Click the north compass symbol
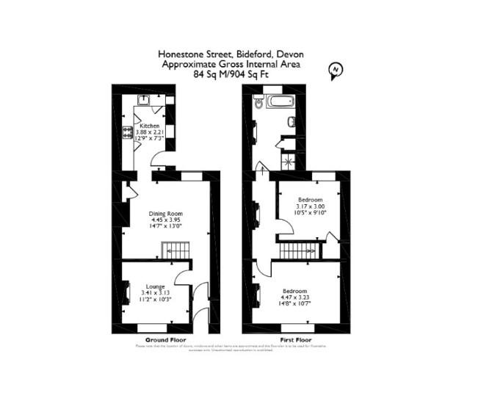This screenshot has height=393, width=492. point(336,70)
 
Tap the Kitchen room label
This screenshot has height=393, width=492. point(150,126)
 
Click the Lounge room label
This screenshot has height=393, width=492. point(154,286)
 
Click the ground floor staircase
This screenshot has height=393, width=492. point(176,253)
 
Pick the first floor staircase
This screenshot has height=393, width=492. point(297,252)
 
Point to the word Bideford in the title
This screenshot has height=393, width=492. point(251,54)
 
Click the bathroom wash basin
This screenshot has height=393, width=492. point(292,121)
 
